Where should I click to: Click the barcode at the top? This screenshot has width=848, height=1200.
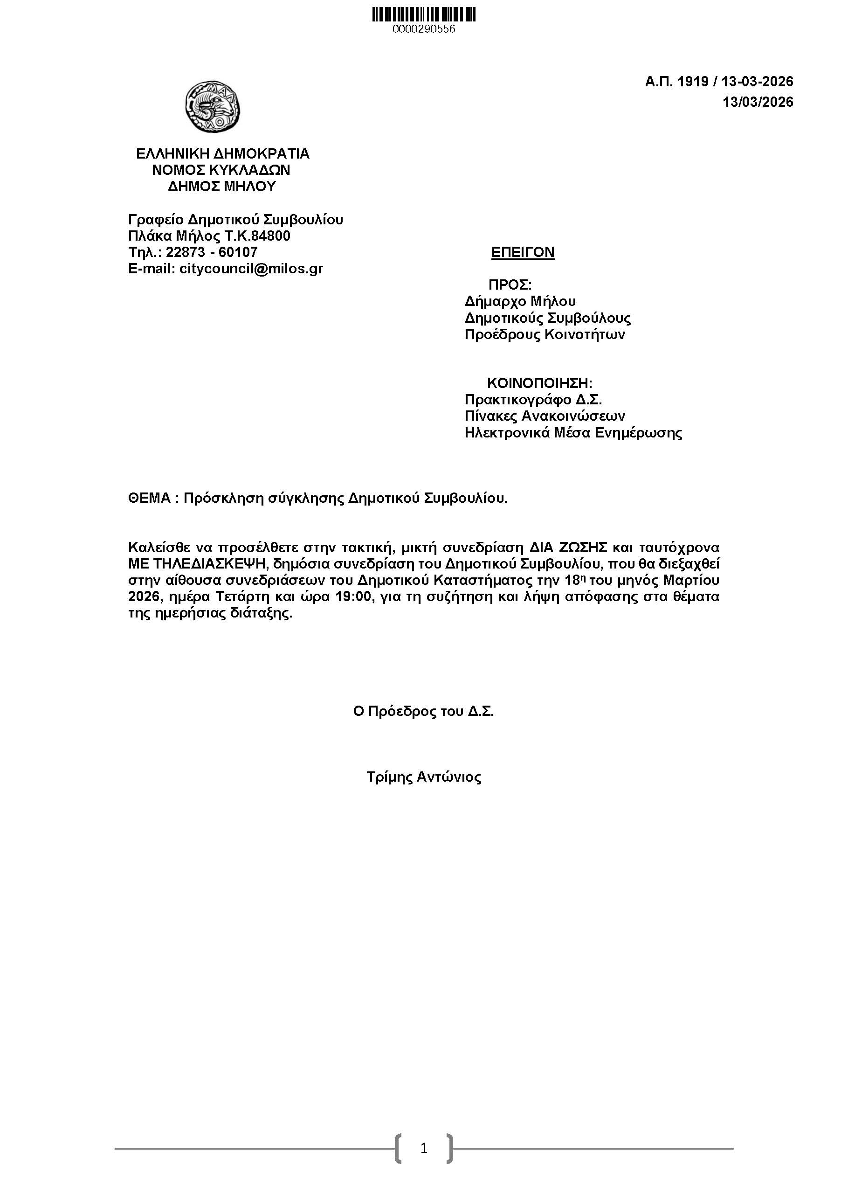pos(424,14)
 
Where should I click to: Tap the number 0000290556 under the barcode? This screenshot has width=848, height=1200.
pos(424,29)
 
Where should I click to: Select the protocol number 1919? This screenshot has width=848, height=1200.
pos(693,82)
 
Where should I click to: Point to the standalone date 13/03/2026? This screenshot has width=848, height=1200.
pos(758,102)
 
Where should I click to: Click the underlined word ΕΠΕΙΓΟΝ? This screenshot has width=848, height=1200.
pos(523,252)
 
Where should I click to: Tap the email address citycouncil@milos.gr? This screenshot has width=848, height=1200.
pos(251,269)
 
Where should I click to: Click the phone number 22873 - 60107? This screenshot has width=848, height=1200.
pos(212,252)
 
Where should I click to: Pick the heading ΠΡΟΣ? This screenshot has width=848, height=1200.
pos(510,285)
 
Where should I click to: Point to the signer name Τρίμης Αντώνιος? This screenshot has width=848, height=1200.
pos(424,777)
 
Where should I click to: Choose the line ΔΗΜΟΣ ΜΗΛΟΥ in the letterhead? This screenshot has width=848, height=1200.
pos(222,187)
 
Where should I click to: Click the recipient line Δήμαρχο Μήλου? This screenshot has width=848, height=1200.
pos(520,302)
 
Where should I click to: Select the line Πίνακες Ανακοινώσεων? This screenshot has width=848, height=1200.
pos(545,416)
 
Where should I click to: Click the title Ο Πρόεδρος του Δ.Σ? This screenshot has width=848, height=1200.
pos(423,711)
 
